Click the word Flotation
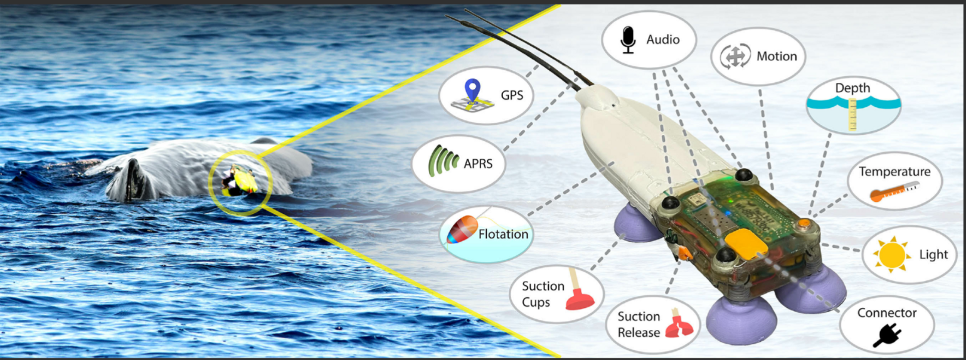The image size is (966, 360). pyautogui.click(x=503, y=235)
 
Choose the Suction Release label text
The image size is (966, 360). pyautogui.click(x=639, y=324)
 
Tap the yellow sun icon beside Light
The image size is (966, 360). pyautogui.click(x=893, y=255)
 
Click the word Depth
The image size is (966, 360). pyautogui.click(x=852, y=88)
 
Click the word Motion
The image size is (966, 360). pyautogui.click(x=777, y=56)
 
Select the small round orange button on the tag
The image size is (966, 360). pyautogui.click(x=804, y=223)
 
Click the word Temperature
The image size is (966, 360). pyautogui.click(x=894, y=171)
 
